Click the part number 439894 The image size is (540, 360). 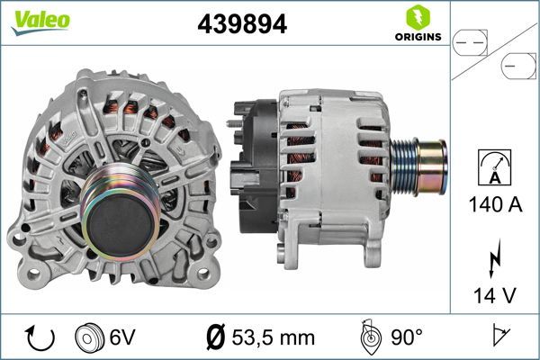(242, 24)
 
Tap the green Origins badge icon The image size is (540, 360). (417, 17)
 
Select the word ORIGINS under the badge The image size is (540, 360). (417, 37)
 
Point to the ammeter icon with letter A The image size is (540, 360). (494, 168)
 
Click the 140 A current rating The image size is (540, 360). (494, 205)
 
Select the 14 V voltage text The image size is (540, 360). (494, 294)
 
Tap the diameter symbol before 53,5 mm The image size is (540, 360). (215, 338)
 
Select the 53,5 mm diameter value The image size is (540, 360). (274, 338)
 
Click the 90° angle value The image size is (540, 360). (408, 338)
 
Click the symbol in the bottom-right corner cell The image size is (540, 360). (497, 338)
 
